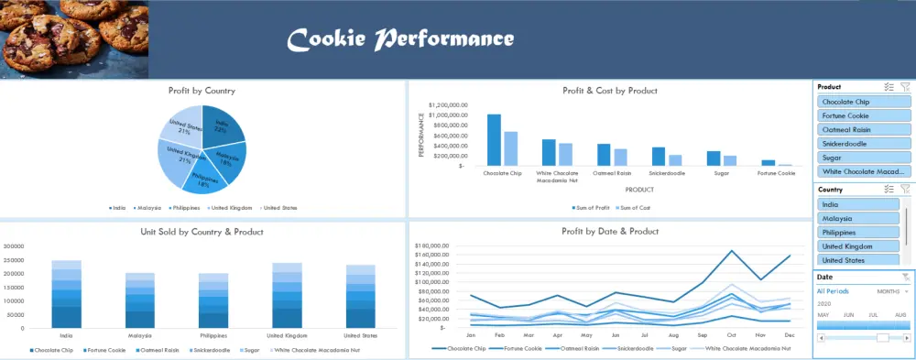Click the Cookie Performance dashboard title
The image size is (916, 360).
pos(400,39)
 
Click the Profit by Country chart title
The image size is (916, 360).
pos(202,91)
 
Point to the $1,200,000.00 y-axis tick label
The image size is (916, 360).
pos(448,104)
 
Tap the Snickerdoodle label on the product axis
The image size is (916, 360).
pos(671,172)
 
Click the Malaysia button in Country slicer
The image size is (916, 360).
pos(856,219)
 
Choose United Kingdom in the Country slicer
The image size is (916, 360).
pos(856,246)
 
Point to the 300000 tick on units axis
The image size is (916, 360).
pos(13,246)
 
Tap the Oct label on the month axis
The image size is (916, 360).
pos(731,335)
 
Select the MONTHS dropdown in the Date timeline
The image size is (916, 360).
pos(892,291)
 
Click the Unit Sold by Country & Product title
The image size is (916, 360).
pos(202,232)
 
